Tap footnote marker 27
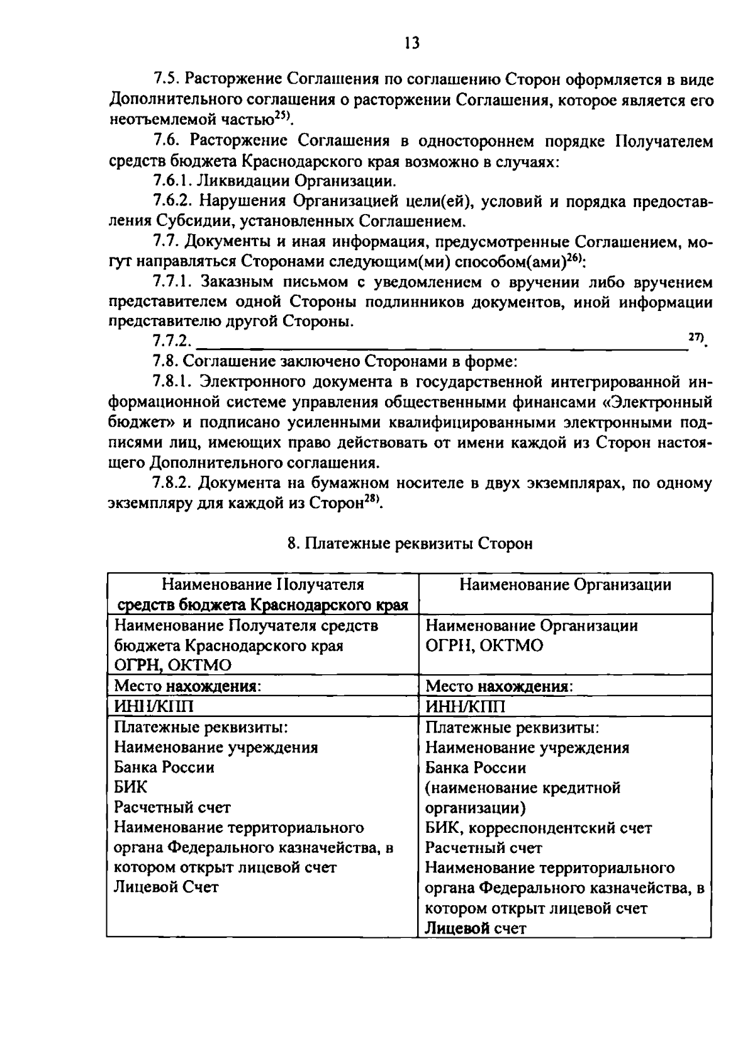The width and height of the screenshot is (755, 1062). (x=695, y=338)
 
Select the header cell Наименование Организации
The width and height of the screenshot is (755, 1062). (x=564, y=585)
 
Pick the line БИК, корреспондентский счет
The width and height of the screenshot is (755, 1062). (x=538, y=828)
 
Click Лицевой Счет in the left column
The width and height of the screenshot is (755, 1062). (x=166, y=888)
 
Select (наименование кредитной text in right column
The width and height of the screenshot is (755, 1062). (x=523, y=788)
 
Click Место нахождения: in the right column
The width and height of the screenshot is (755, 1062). (x=499, y=686)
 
